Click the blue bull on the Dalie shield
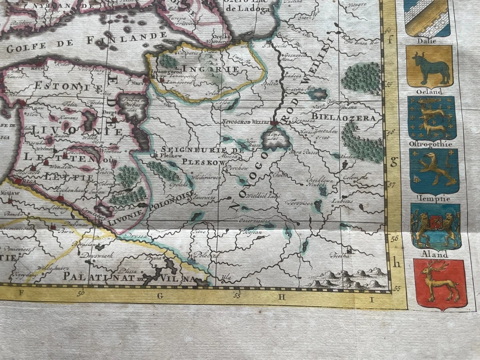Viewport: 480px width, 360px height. pos(429,67)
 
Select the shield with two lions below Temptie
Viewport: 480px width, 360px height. pos(435,226)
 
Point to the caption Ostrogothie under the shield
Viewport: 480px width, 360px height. pos(430,144)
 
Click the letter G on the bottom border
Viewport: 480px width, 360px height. pos(160,295)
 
